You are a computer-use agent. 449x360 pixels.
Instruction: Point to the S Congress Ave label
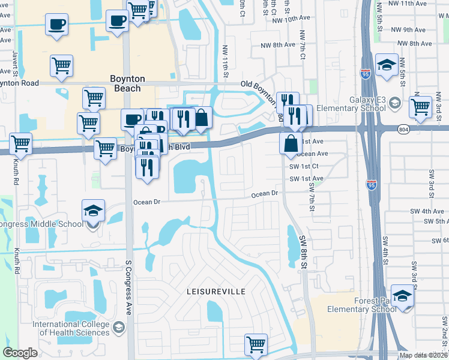pos(128,287)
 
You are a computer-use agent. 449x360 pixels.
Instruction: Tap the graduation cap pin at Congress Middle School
pos(93,212)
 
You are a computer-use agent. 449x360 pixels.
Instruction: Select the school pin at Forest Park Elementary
pos(402,296)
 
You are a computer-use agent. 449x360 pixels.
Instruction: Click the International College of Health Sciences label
pos(71,328)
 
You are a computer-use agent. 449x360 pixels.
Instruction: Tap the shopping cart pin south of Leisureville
pos(256,345)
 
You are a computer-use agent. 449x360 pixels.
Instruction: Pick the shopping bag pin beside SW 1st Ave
pos(291,144)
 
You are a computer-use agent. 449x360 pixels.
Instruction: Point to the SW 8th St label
pos(303,251)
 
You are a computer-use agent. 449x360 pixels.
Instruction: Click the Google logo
pos(20,353)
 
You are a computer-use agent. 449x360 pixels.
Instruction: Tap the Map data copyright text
pos(423,355)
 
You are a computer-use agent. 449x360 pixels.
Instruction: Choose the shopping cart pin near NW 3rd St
pos(420,107)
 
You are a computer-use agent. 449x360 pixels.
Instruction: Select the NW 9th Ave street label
pos(408,29)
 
